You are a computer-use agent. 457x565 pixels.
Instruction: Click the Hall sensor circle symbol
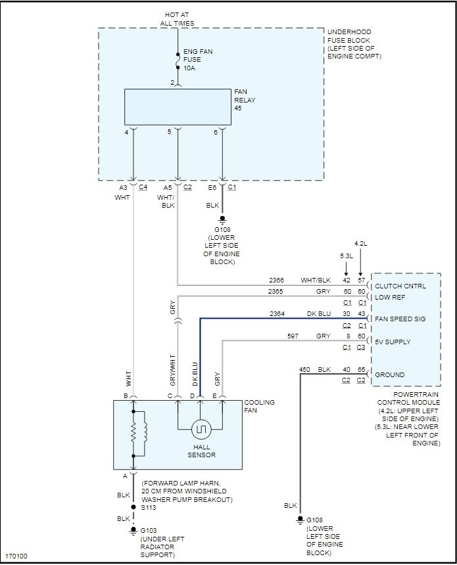point(200,430)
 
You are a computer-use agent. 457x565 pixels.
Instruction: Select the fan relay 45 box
point(177,106)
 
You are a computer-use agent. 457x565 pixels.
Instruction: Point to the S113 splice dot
point(133,507)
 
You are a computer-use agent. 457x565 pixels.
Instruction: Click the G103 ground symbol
point(133,529)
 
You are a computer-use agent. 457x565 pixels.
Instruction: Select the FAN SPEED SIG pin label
point(400,319)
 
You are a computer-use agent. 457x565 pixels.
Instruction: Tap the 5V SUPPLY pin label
point(393,342)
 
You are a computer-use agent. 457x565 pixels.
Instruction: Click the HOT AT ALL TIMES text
point(177,18)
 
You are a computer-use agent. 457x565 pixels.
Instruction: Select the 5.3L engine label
point(347,255)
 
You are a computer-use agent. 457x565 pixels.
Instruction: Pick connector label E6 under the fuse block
point(212,187)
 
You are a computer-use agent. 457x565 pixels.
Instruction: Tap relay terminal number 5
point(169,132)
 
